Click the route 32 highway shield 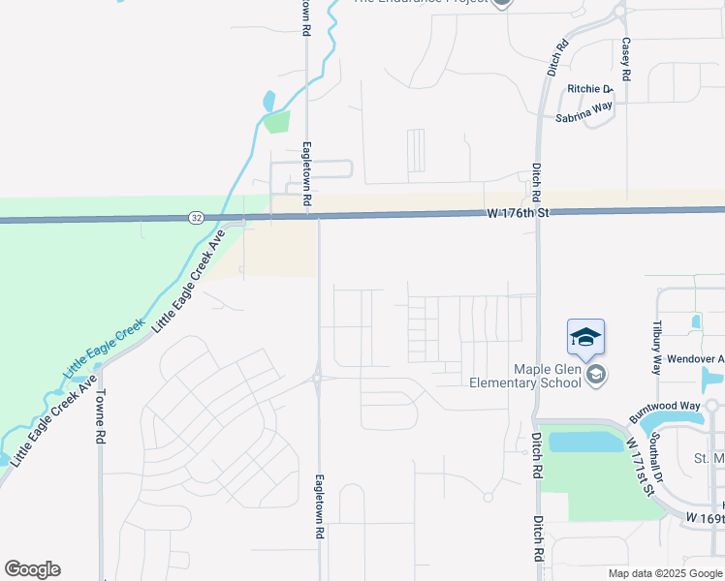coord(196,219)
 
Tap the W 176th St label coord(517,213)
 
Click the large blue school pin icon coord(585,338)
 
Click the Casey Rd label coord(626,58)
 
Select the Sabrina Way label coord(583,113)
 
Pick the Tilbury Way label coord(657,347)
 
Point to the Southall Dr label coord(656,458)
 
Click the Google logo coord(32,569)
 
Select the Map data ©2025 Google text coord(666,573)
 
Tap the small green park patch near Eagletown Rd coord(276,122)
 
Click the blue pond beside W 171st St coord(585,443)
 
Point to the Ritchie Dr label coord(591,89)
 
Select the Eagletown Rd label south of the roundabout coord(319,505)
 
